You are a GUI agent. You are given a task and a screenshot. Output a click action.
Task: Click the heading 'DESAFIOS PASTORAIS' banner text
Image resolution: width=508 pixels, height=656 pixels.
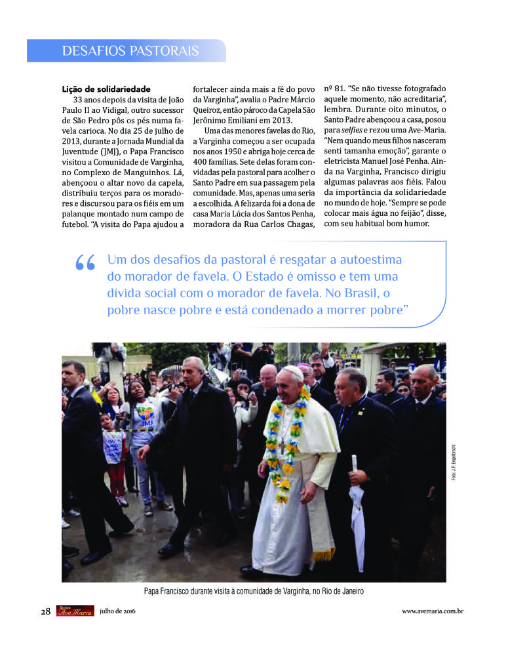[x=130, y=51]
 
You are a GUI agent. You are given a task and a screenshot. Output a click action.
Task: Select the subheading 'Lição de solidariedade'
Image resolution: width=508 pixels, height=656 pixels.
[x=106, y=89]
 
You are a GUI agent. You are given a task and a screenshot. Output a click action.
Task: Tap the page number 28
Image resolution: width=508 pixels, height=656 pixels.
[x=45, y=611]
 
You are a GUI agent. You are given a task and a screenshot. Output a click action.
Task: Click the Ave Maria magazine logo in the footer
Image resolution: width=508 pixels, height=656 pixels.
[x=73, y=611]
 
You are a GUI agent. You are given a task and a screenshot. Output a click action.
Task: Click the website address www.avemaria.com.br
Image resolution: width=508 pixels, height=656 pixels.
[x=433, y=611]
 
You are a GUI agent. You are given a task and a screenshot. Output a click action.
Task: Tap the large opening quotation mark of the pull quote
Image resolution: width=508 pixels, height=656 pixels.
[x=85, y=264]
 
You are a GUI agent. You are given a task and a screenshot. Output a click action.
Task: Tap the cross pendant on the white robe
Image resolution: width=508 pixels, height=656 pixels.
[x=282, y=446]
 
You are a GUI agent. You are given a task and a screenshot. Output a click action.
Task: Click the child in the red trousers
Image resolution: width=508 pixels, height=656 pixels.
[x=116, y=453]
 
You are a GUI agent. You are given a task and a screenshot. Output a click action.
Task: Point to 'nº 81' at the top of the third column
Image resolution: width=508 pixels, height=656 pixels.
[x=334, y=88]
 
